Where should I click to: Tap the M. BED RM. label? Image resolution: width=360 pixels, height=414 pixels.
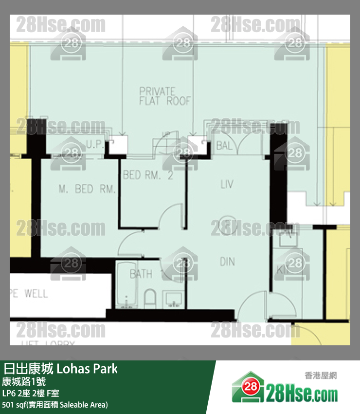pos(87,189)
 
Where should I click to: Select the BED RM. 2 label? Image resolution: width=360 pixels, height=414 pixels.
pos(148,175)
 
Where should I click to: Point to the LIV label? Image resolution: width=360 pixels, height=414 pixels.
pos(227,184)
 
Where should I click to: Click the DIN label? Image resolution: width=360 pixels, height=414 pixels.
pos(227,262)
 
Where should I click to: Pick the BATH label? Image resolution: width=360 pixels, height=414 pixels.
pos(141,274)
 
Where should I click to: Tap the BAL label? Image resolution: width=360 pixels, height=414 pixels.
pos(225,145)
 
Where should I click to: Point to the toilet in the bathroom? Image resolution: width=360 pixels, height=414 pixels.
pos(149,298)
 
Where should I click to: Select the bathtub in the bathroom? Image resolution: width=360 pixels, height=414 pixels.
pos(126,292)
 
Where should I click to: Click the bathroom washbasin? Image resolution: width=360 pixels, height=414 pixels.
pos(173,299)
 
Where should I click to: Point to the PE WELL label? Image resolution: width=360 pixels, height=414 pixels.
pos(29,293)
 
